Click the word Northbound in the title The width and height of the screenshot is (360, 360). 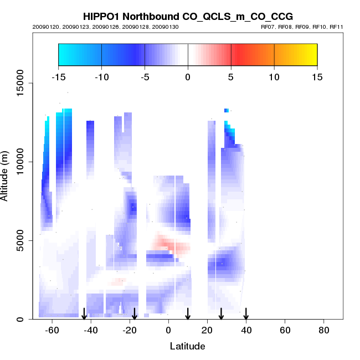[153, 17]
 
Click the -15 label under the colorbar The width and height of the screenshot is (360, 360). [58, 77]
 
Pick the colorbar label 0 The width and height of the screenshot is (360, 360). [188, 77]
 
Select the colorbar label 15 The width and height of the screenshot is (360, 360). [317, 77]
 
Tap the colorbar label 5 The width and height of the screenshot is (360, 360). [231, 77]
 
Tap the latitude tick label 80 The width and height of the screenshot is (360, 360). [324, 330]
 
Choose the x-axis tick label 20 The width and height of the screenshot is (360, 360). [208, 330]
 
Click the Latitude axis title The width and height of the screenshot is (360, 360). [187, 346]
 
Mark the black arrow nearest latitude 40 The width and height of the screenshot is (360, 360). [246, 314]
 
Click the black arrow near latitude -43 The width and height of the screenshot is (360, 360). [84, 314]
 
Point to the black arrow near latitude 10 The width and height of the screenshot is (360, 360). [188, 314]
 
